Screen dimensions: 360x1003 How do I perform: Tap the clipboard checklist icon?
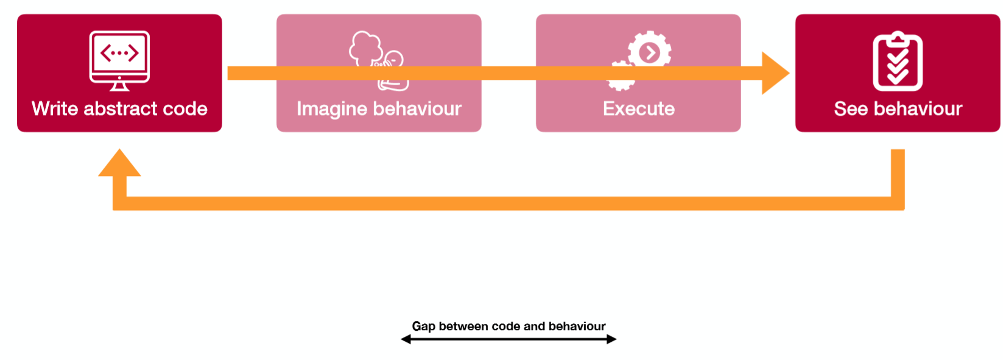click(898, 61)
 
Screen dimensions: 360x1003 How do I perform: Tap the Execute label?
click(638, 109)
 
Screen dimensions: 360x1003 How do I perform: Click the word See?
click(851, 109)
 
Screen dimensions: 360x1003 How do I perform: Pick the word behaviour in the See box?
click(918, 109)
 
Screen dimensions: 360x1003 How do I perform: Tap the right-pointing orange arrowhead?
click(775, 73)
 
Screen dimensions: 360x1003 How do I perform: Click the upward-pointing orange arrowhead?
click(119, 163)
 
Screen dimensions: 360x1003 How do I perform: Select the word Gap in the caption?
click(423, 326)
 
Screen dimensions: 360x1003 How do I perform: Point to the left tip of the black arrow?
click(402, 339)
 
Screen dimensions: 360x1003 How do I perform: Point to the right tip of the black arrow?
click(616, 339)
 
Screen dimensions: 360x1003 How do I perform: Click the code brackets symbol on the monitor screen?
click(119, 53)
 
